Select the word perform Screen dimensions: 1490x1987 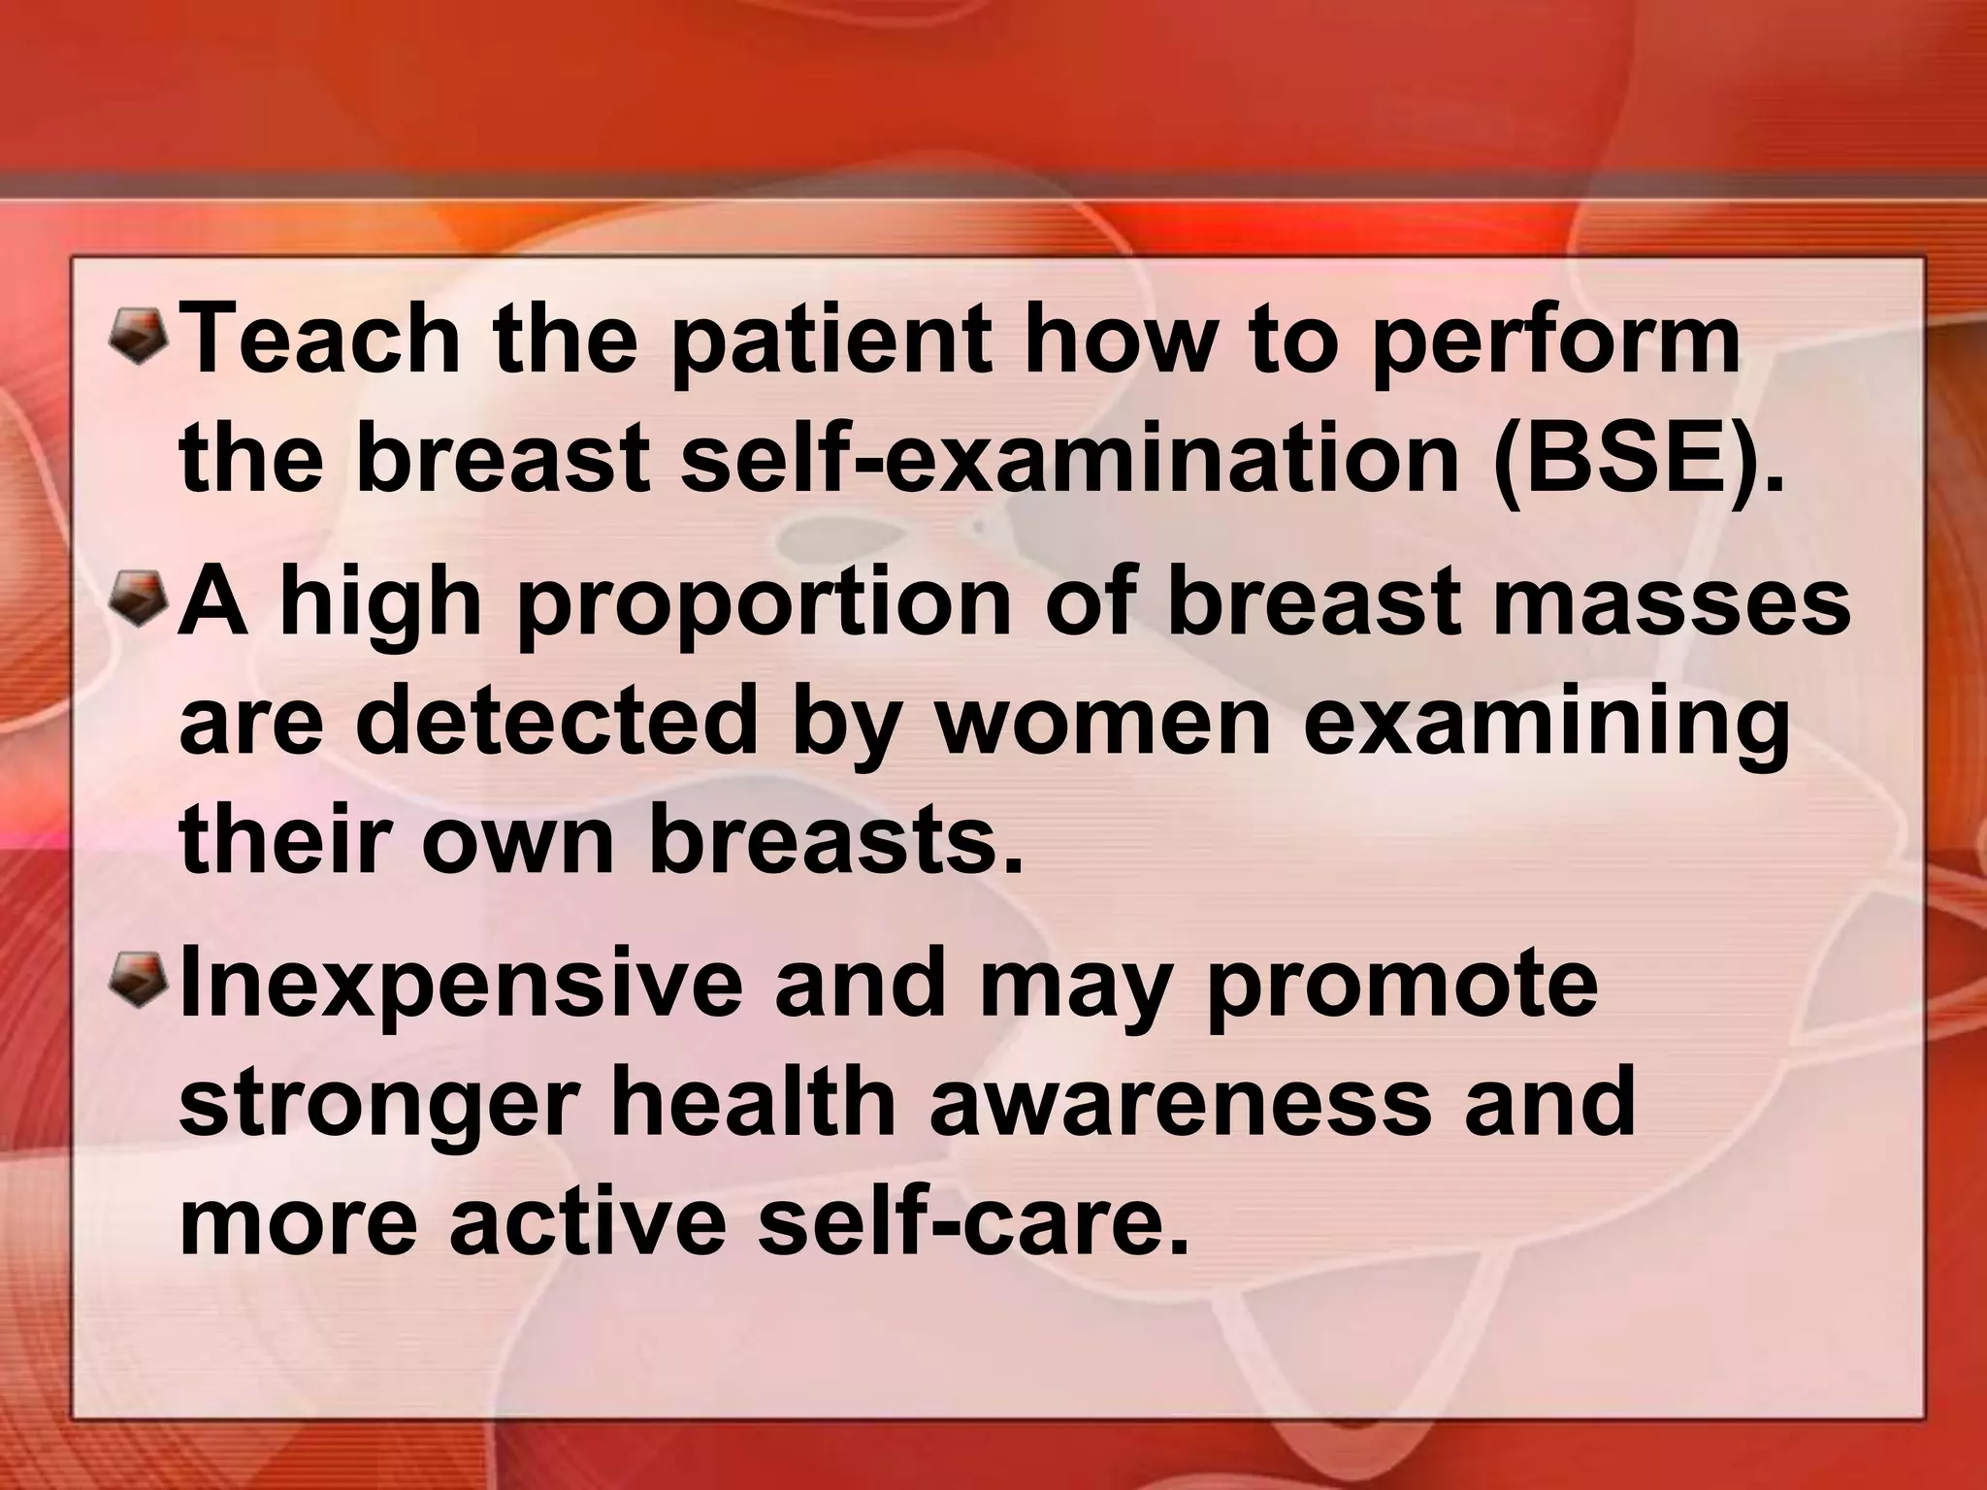click(x=1553, y=345)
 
